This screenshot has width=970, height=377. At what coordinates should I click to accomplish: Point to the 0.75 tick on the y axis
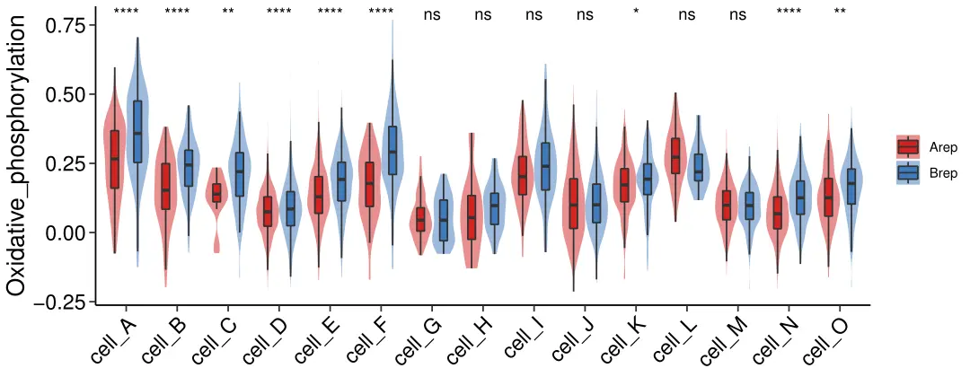[66, 26]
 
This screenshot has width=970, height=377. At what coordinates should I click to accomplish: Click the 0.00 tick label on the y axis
[66, 232]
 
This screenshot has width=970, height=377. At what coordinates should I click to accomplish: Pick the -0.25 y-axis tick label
[61, 302]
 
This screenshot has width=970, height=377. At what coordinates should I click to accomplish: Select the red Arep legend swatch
[908, 147]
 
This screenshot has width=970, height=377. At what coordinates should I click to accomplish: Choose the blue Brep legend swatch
[908, 171]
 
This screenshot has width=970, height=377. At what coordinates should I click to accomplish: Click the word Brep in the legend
[943, 171]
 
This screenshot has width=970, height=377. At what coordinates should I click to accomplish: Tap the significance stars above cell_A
[126, 12]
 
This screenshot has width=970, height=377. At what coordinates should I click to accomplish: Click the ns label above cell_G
[432, 14]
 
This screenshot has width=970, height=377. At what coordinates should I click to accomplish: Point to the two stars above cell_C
[228, 12]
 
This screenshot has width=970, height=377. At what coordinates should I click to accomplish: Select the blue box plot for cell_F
[392, 153]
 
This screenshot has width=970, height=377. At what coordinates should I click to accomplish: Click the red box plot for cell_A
[114, 159]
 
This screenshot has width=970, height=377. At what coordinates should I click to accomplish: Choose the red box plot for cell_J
[572, 203]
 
